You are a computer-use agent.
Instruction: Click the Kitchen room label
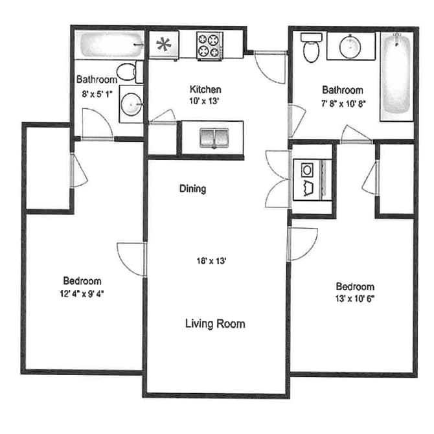[x=205, y=89]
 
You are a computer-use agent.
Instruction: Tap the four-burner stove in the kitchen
[x=210, y=46]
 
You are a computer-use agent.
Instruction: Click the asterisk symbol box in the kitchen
[x=163, y=46]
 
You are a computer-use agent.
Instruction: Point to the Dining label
[x=192, y=189]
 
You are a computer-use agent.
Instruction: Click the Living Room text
[x=215, y=323]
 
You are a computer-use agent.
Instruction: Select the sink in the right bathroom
[x=350, y=46]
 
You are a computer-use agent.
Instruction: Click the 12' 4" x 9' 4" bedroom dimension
[x=82, y=293]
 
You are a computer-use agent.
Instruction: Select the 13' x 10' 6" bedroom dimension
[x=355, y=299]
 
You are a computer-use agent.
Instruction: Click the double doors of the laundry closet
[x=277, y=178]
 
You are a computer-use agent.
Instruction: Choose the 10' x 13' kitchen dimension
[x=205, y=101]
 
